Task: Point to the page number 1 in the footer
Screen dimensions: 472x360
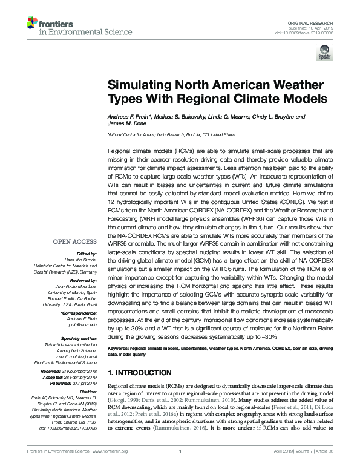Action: [x=180, y=467]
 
